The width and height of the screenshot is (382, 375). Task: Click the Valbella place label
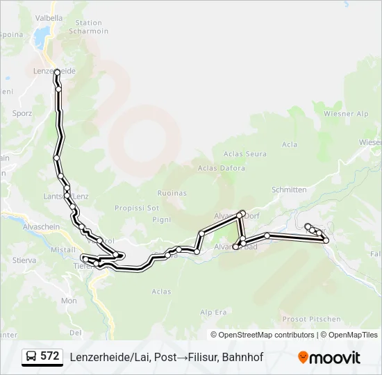49,18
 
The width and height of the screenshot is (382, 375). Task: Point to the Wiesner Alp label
346,113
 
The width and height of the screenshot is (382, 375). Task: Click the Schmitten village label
289,190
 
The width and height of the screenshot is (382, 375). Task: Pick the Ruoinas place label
172,192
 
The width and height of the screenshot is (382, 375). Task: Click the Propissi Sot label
137,208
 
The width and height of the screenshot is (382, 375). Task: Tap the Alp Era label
214,313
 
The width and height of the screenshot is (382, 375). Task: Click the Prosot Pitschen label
312,319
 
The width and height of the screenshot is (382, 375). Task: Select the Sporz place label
24,112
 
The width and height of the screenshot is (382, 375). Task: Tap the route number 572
50,356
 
